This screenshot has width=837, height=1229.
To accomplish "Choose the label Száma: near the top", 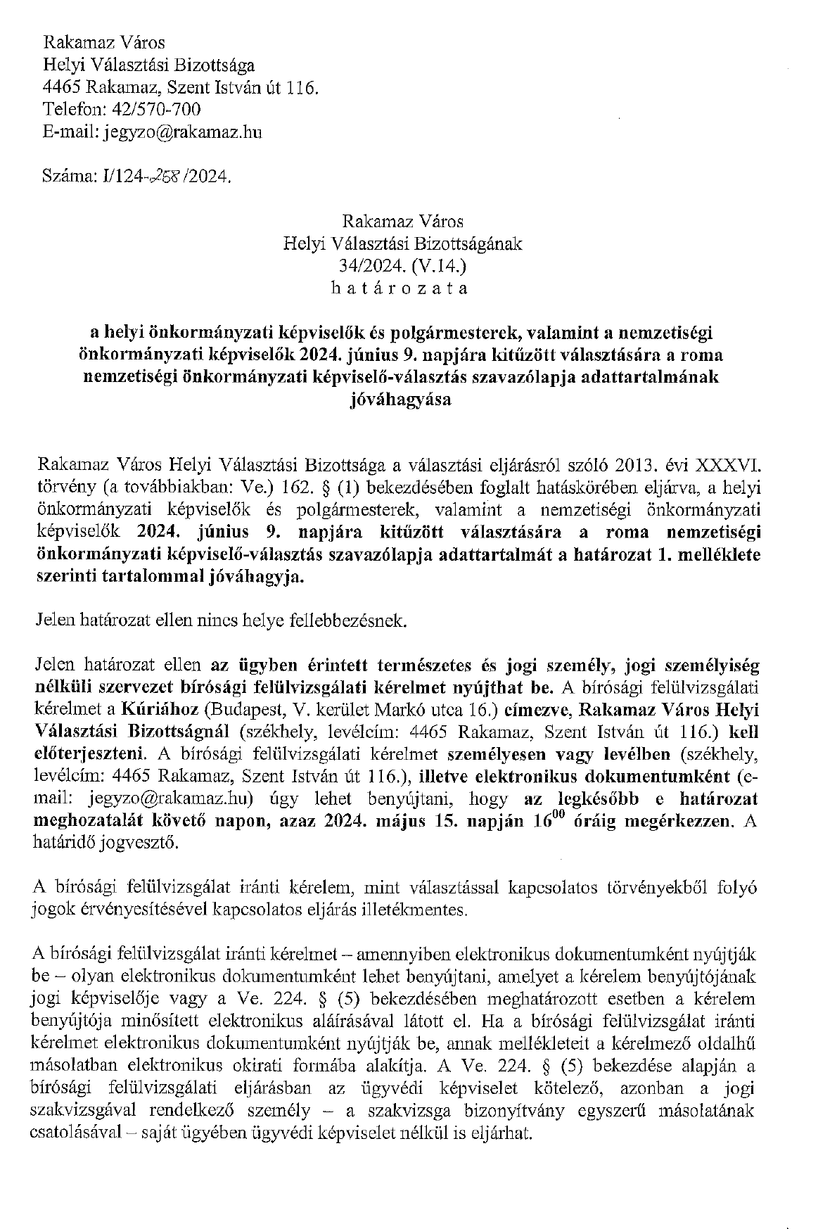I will [68, 178].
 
